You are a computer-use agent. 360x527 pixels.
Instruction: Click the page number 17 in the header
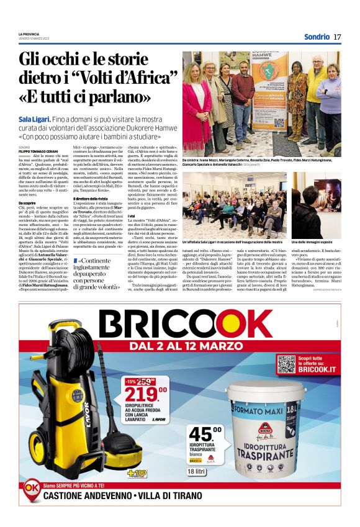click(x=337, y=37)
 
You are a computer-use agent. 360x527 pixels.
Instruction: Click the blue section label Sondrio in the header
click(x=317, y=37)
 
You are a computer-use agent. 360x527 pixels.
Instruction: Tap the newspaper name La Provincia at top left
click(x=29, y=34)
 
